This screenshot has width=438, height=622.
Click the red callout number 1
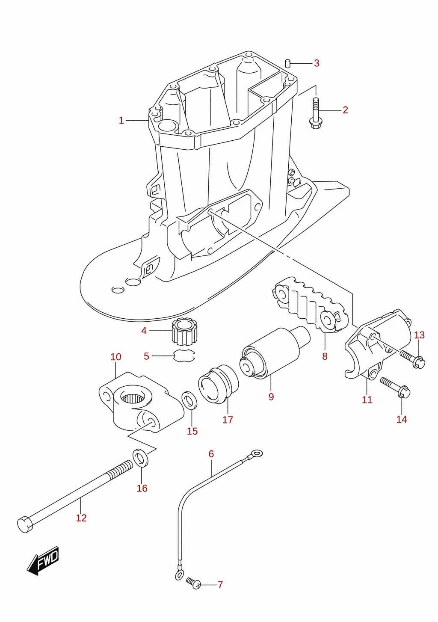[121, 121]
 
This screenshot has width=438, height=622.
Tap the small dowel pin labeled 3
[288, 63]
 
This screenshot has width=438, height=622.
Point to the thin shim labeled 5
[184, 356]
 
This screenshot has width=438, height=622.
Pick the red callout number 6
[211, 454]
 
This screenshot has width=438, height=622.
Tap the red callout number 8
[325, 356]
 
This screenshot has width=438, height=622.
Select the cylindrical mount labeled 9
[275, 352]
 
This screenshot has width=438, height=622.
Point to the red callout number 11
[367, 400]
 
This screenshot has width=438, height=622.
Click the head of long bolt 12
[25, 524]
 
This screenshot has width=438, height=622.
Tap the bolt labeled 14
[395, 388]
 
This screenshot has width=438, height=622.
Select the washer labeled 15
[189, 400]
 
